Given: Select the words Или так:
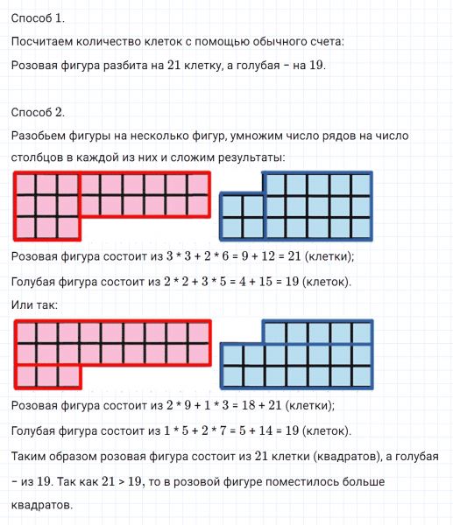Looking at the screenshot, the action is tap(35, 304).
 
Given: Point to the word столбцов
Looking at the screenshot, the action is tap(40, 157).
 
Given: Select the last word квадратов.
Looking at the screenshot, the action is tap(40, 505).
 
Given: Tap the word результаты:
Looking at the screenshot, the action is tap(258, 157).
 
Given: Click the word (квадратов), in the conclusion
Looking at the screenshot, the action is tap(325, 458).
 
